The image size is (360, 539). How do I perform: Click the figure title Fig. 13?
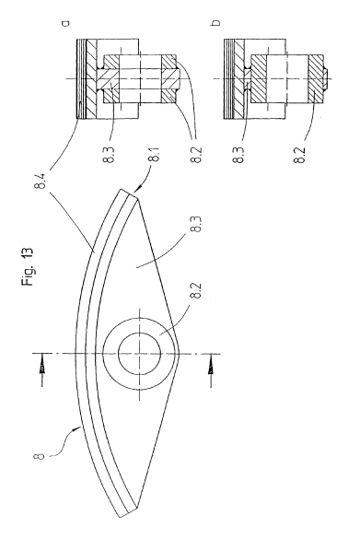point(27,266)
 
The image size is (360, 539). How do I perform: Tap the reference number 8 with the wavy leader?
point(40,456)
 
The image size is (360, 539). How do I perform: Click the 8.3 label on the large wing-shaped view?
point(198,225)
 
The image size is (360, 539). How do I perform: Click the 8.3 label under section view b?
point(239,155)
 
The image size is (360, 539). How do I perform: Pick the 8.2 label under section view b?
point(300,155)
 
